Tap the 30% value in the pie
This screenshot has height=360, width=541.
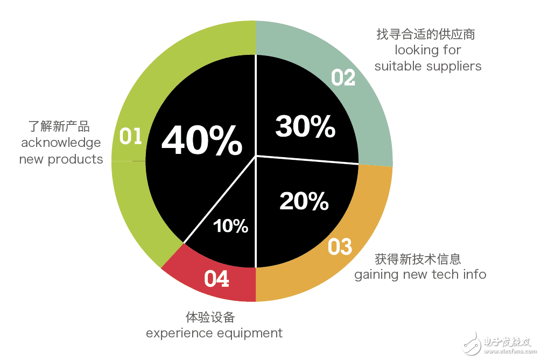click(305, 128)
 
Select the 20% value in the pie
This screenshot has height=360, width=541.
click(304, 201)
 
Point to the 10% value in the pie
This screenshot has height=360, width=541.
click(230, 226)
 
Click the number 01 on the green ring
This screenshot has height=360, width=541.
click(130, 137)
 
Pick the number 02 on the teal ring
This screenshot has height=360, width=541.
click(343, 78)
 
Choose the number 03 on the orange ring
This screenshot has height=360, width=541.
click(340, 247)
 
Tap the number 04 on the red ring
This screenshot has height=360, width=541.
click(216, 279)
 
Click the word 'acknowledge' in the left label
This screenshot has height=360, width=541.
click(61, 143)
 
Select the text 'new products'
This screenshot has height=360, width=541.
click(61, 159)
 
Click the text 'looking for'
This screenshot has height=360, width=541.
click(428, 50)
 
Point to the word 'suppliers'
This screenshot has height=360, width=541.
click(454, 66)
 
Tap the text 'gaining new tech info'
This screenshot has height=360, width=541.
click(420, 274)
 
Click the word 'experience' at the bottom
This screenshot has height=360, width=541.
click(179, 333)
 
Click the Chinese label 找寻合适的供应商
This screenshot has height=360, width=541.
click(425, 34)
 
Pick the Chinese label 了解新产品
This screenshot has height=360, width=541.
click(59, 127)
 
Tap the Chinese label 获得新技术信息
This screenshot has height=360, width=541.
click(418, 259)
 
